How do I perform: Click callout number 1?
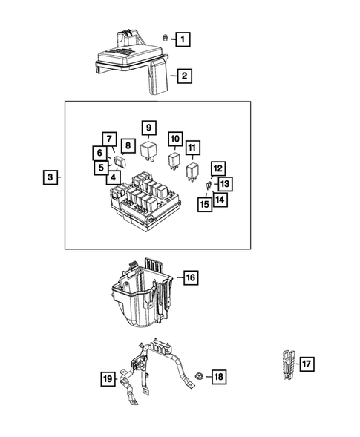coord(182,38)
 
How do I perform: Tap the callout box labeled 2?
coord(182,75)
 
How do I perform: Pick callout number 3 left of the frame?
coord(49,177)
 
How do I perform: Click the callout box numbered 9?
coord(148,127)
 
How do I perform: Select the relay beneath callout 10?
coord(174,162)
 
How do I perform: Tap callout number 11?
coord(193,148)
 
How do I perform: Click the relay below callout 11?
coord(192,172)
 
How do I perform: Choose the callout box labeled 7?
coord(108,139)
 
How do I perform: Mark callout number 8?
coord(127,146)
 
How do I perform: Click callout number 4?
coord(113,177)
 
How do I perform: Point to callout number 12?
coord(217,168)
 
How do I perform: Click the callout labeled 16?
coord(190,277)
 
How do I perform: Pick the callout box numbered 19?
coord(108,379)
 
